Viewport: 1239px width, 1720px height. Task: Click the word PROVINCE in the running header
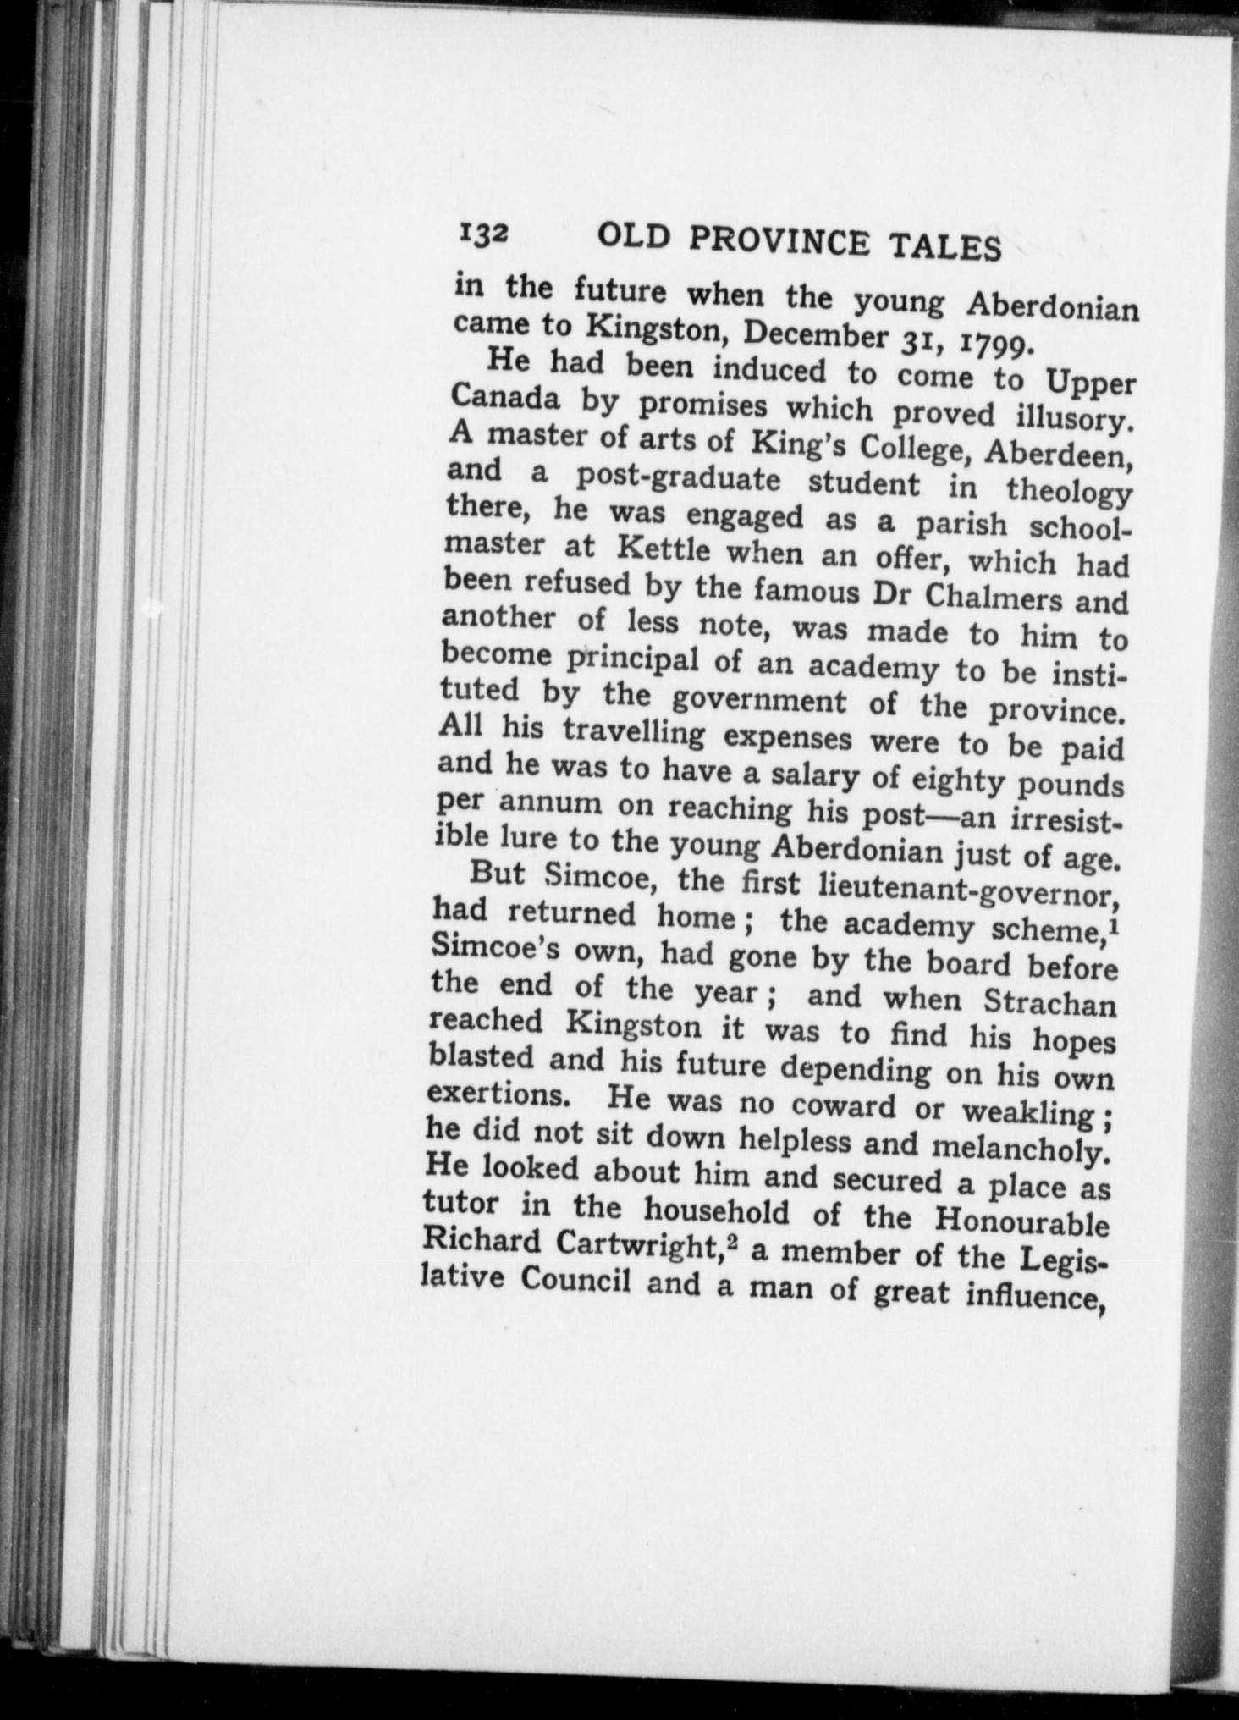(x=779, y=242)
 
